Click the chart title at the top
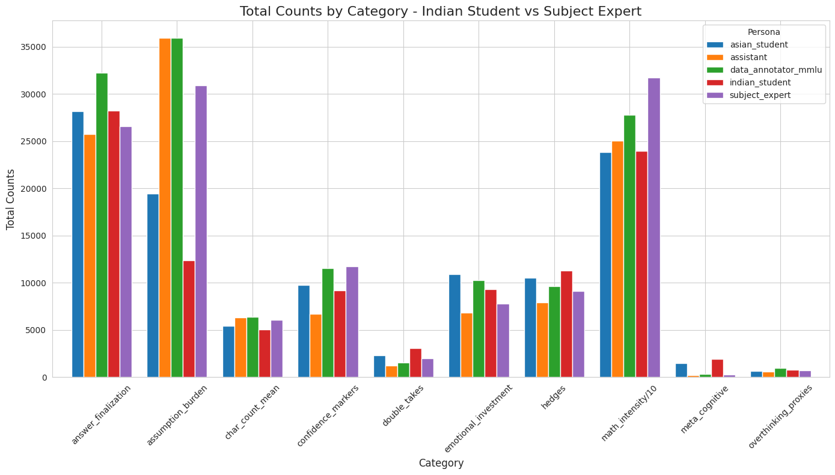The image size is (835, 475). pos(441,11)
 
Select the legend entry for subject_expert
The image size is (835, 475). pos(756,95)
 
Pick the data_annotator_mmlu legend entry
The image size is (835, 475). pos(775,70)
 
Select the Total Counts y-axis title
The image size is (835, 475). pos(11,199)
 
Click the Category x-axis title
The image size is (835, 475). pos(441,463)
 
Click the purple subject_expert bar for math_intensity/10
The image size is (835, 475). pos(653,228)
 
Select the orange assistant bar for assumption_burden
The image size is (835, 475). pos(165,208)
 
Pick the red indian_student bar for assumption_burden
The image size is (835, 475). pos(189,319)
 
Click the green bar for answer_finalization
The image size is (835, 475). pos(102,225)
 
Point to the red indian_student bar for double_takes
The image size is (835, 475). pos(415,363)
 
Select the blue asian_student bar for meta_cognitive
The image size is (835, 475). pos(681,370)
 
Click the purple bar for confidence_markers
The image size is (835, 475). pos(352,322)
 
